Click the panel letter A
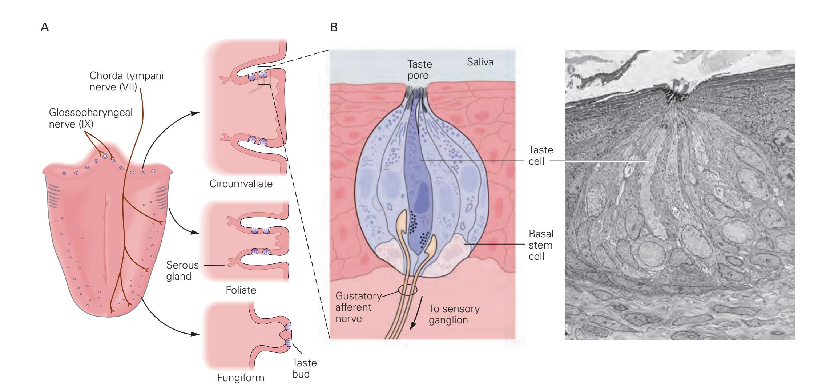[45, 28]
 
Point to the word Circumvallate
[241, 184]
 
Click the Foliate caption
[241, 290]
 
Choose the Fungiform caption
[241, 378]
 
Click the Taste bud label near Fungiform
[304, 368]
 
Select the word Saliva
[480, 62]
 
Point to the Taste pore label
[419, 70]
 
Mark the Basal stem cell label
[541, 245]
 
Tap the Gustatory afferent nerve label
[358, 307]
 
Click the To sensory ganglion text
[454, 314]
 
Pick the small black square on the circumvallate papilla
[263, 76]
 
